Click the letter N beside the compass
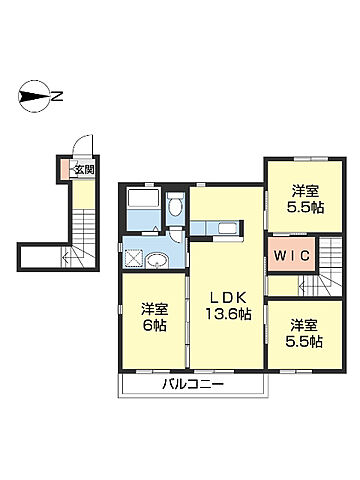[x=57, y=96]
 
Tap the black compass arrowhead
[x=34, y=96]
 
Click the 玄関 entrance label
[x=84, y=170]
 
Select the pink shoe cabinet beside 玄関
[x=64, y=170]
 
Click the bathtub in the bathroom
[x=144, y=198]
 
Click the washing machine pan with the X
[x=133, y=259]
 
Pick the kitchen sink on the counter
[x=228, y=228]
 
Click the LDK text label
[x=227, y=296]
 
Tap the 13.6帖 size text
[x=228, y=314]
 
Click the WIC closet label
[x=292, y=256]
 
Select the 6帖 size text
[x=155, y=325]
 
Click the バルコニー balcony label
[x=193, y=385]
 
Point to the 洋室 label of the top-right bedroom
[x=306, y=191]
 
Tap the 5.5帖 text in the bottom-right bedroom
[x=304, y=342]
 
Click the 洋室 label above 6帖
[x=155, y=309]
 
